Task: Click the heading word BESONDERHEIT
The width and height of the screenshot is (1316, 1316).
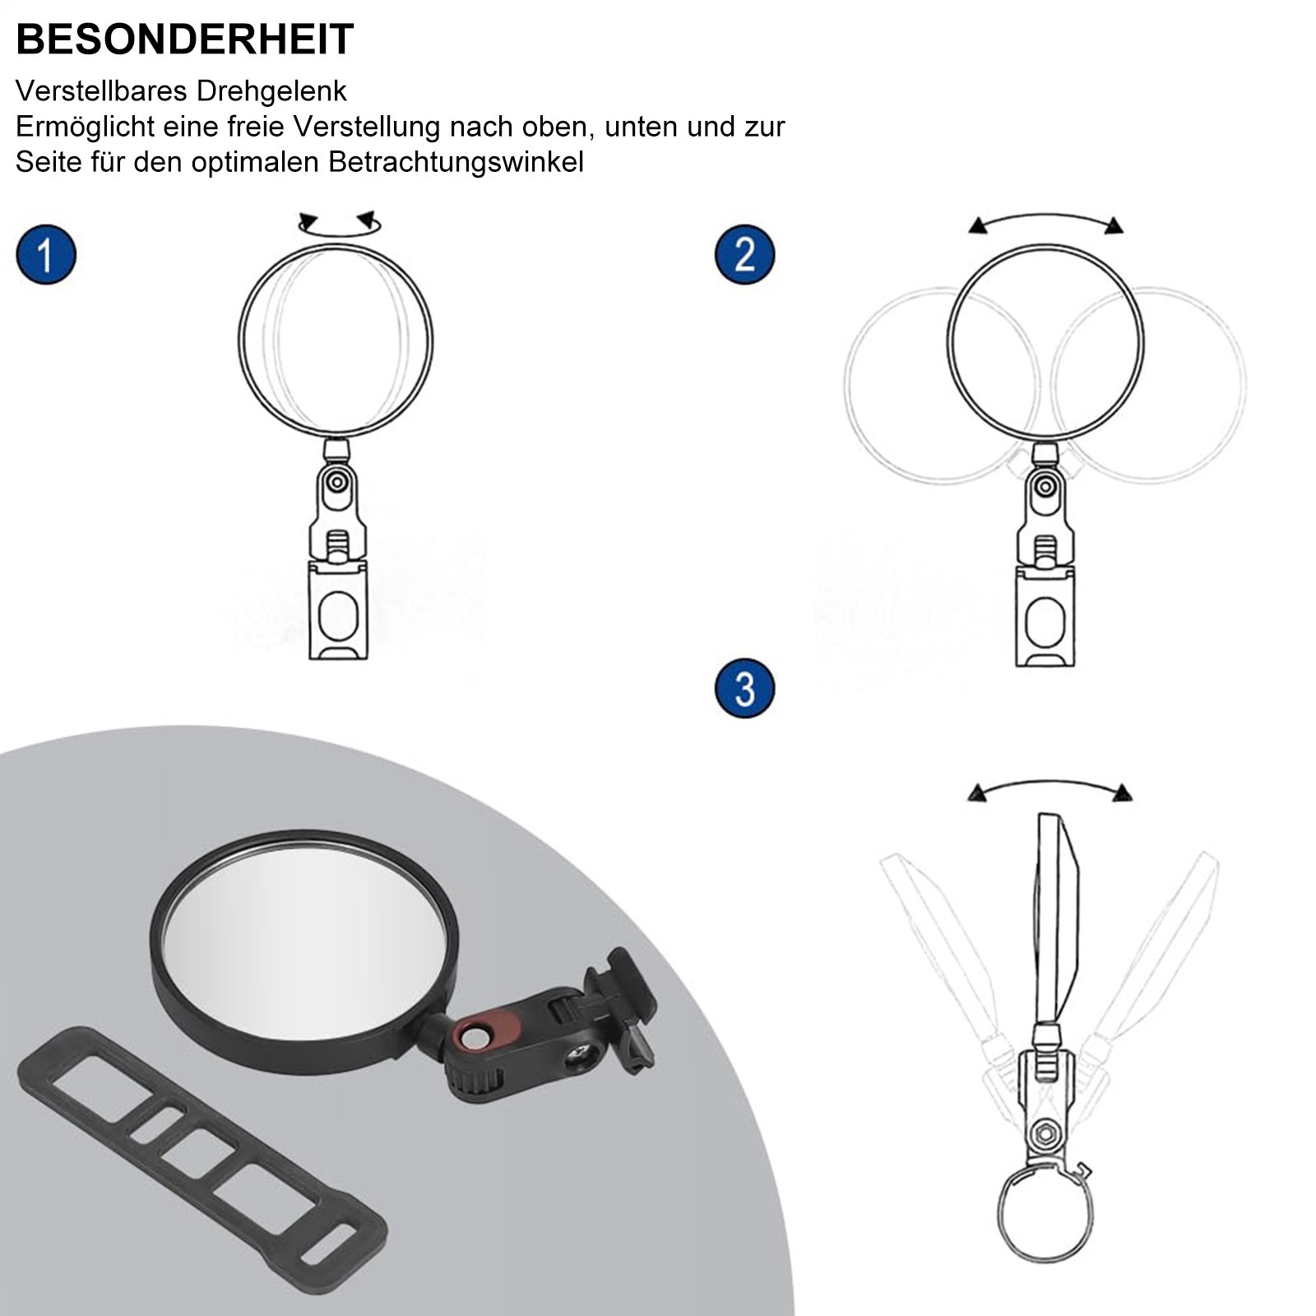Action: pyautogui.click(x=185, y=39)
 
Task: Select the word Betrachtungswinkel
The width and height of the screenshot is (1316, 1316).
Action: pyautogui.click(x=456, y=162)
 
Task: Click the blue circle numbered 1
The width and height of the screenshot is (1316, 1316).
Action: pyautogui.click(x=46, y=255)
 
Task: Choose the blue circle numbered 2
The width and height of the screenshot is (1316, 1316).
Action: pyautogui.click(x=744, y=254)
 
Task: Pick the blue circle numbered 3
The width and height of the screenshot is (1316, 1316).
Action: pyautogui.click(x=744, y=688)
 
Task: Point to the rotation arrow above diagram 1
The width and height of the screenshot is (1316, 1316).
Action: pyautogui.click(x=340, y=224)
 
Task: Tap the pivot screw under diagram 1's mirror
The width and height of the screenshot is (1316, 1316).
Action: pyautogui.click(x=336, y=480)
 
